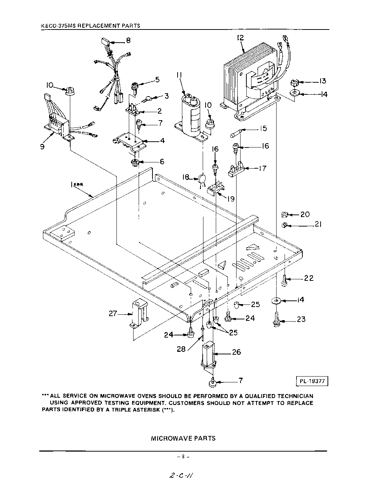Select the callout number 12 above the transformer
point(240,38)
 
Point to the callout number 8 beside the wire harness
point(128,40)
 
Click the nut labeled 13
point(295,82)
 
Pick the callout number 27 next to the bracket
point(113,313)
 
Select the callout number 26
point(237,352)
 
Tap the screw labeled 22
point(285,280)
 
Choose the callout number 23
point(301,320)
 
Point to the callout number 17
point(262,168)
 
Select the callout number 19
point(231,199)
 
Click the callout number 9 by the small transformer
point(43,147)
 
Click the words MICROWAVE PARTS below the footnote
point(183,438)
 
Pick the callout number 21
point(318,224)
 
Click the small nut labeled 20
point(285,215)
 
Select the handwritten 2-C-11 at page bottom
point(181,475)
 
